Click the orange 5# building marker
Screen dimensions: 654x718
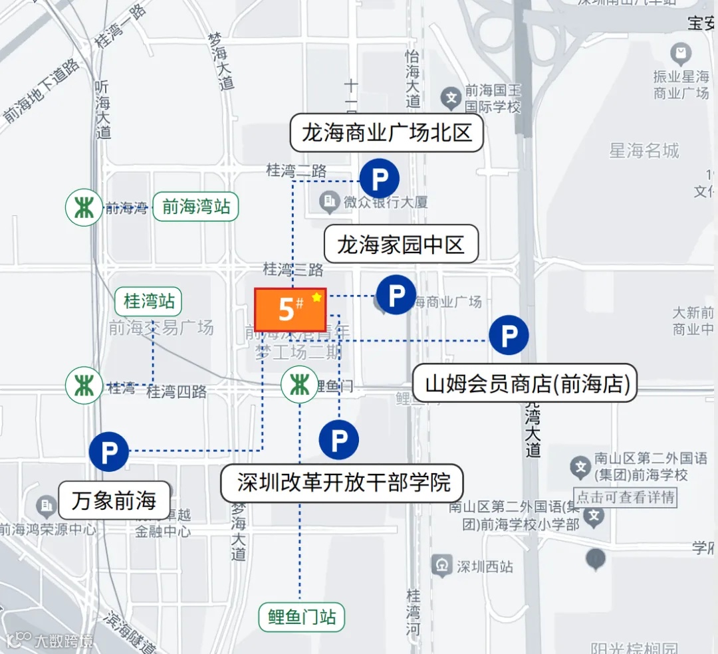tap(291, 309)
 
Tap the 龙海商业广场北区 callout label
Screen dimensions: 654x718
tap(386, 133)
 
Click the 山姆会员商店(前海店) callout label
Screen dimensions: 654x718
tap(527, 383)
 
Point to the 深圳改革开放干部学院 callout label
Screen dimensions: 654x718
tap(341, 483)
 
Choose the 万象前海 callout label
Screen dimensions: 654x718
tap(114, 500)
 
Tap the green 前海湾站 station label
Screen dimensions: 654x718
tap(195, 207)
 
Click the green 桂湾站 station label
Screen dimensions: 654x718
tap(148, 302)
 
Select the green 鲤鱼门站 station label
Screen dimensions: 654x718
tap(302, 617)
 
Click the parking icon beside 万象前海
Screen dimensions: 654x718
tap(108, 452)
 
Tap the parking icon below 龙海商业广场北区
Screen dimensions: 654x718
tap(379, 179)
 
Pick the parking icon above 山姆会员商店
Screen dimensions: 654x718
tap(509, 336)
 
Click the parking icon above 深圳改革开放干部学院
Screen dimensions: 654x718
tap(338, 439)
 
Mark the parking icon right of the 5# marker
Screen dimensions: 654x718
tap(396, 295)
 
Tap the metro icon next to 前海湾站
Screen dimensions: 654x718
tap(84, 207)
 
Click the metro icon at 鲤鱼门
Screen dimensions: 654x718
tap(299, 385)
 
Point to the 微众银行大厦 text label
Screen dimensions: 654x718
tap(386, 201)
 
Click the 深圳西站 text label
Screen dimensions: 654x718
tap(485, 567)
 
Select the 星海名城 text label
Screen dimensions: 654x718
tap(644, 151)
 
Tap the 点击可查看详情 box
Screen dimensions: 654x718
tap(625, 497)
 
